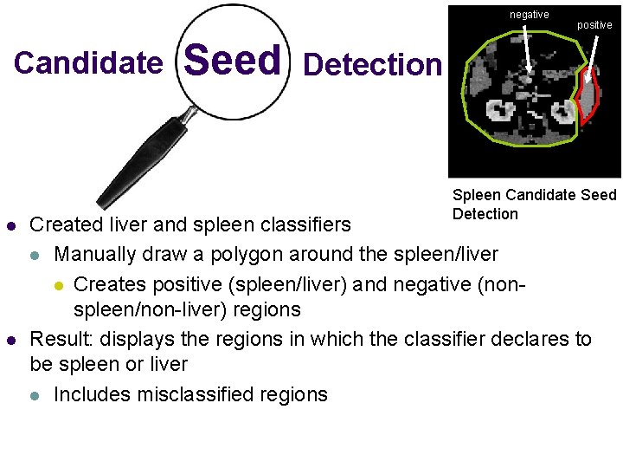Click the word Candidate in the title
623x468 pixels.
pos(88,63)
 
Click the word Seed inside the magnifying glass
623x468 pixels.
pos(233,62)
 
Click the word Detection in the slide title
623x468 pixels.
pos(373,64)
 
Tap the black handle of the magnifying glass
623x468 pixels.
pos(139,161)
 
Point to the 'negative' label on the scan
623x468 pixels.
pos(529,15)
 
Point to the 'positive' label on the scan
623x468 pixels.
pos(594,25)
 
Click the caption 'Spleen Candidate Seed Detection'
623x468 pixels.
pos(534,205)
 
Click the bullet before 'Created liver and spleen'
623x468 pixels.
pos(11,225)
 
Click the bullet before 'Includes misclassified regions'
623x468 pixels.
pos(34,395)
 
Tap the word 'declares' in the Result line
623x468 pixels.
pos(524,339)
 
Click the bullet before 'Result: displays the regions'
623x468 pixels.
pos(11,339)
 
